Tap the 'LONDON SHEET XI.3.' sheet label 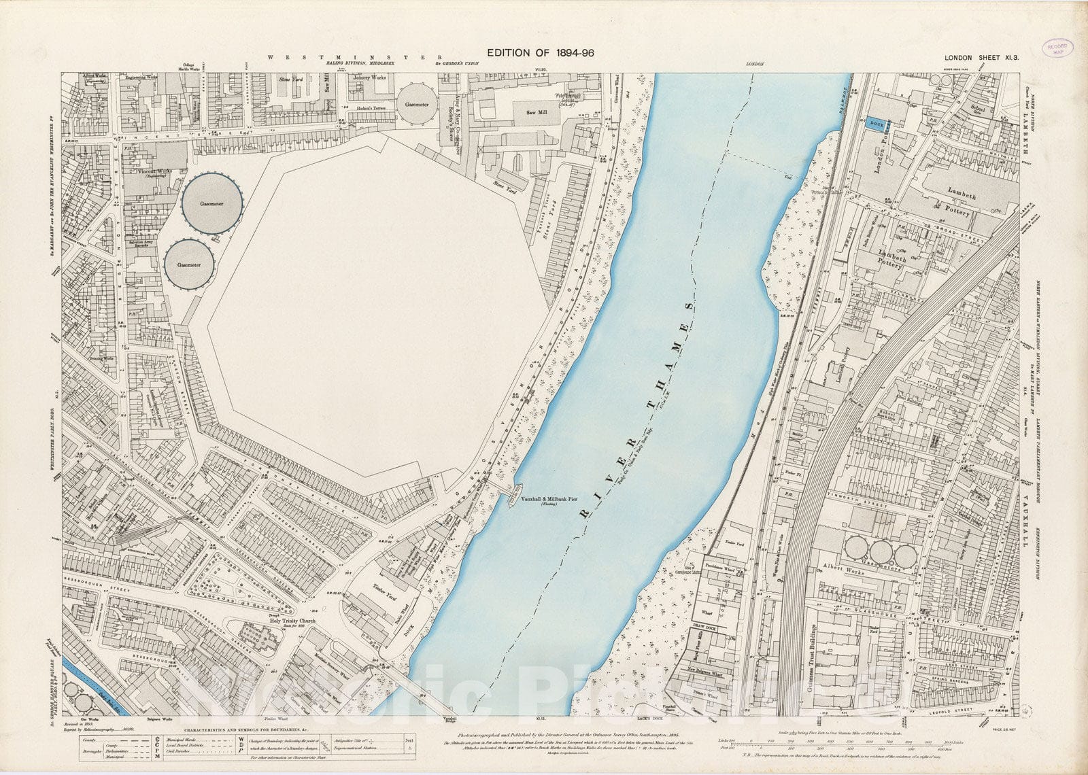[x=981, y=58]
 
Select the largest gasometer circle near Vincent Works [x=212, y=203]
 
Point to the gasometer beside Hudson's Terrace [x=416, y=104]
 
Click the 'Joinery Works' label [x=370, y=78]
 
